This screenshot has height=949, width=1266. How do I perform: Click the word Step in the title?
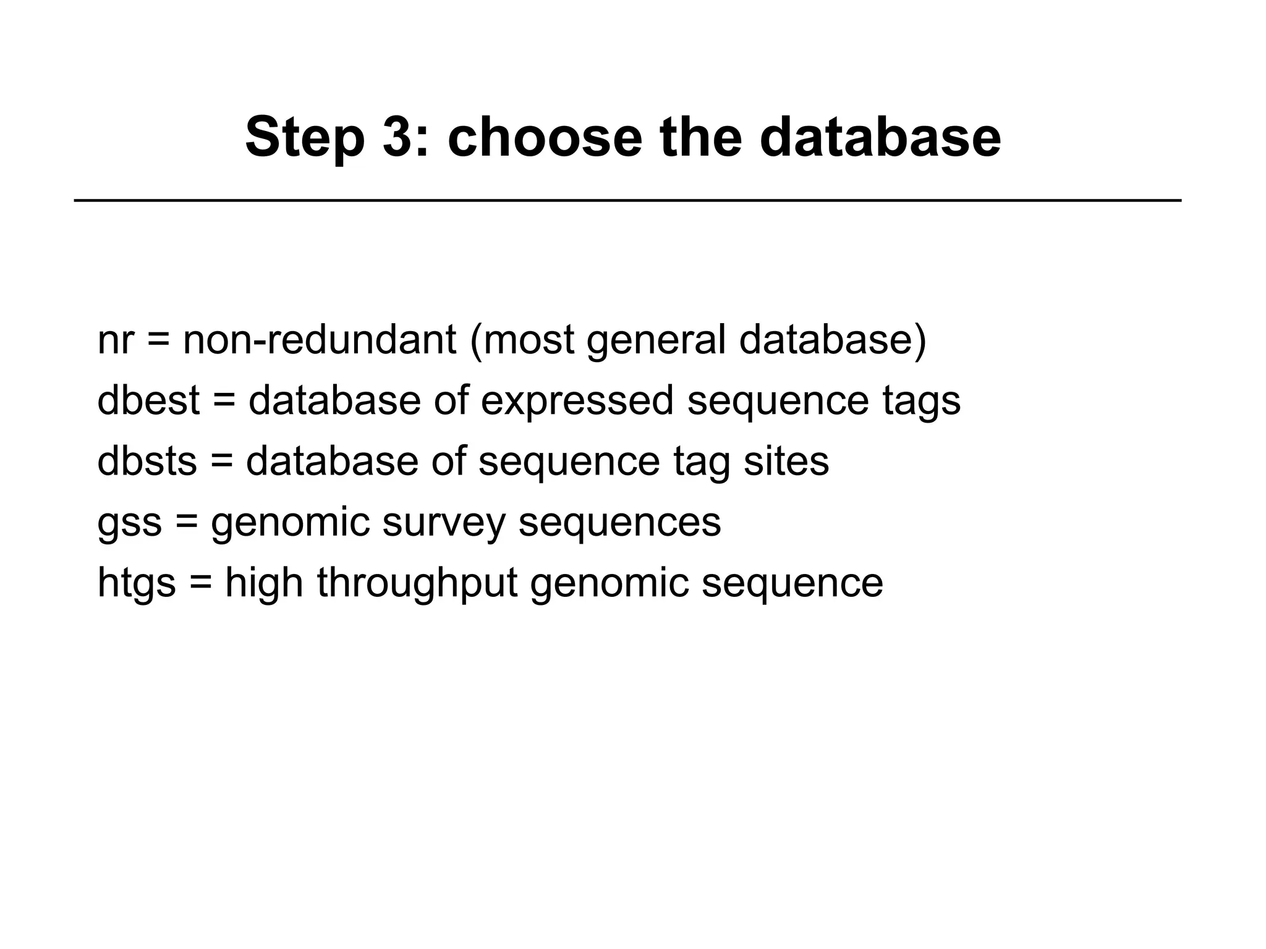tap(305, 137)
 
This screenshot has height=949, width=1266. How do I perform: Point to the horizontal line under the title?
tap(627, 200)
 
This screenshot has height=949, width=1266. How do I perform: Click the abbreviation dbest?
tap(148, 400)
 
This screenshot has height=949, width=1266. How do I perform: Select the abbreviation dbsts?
tap(147, 461)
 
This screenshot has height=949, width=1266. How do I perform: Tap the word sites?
tap(786, 461)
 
